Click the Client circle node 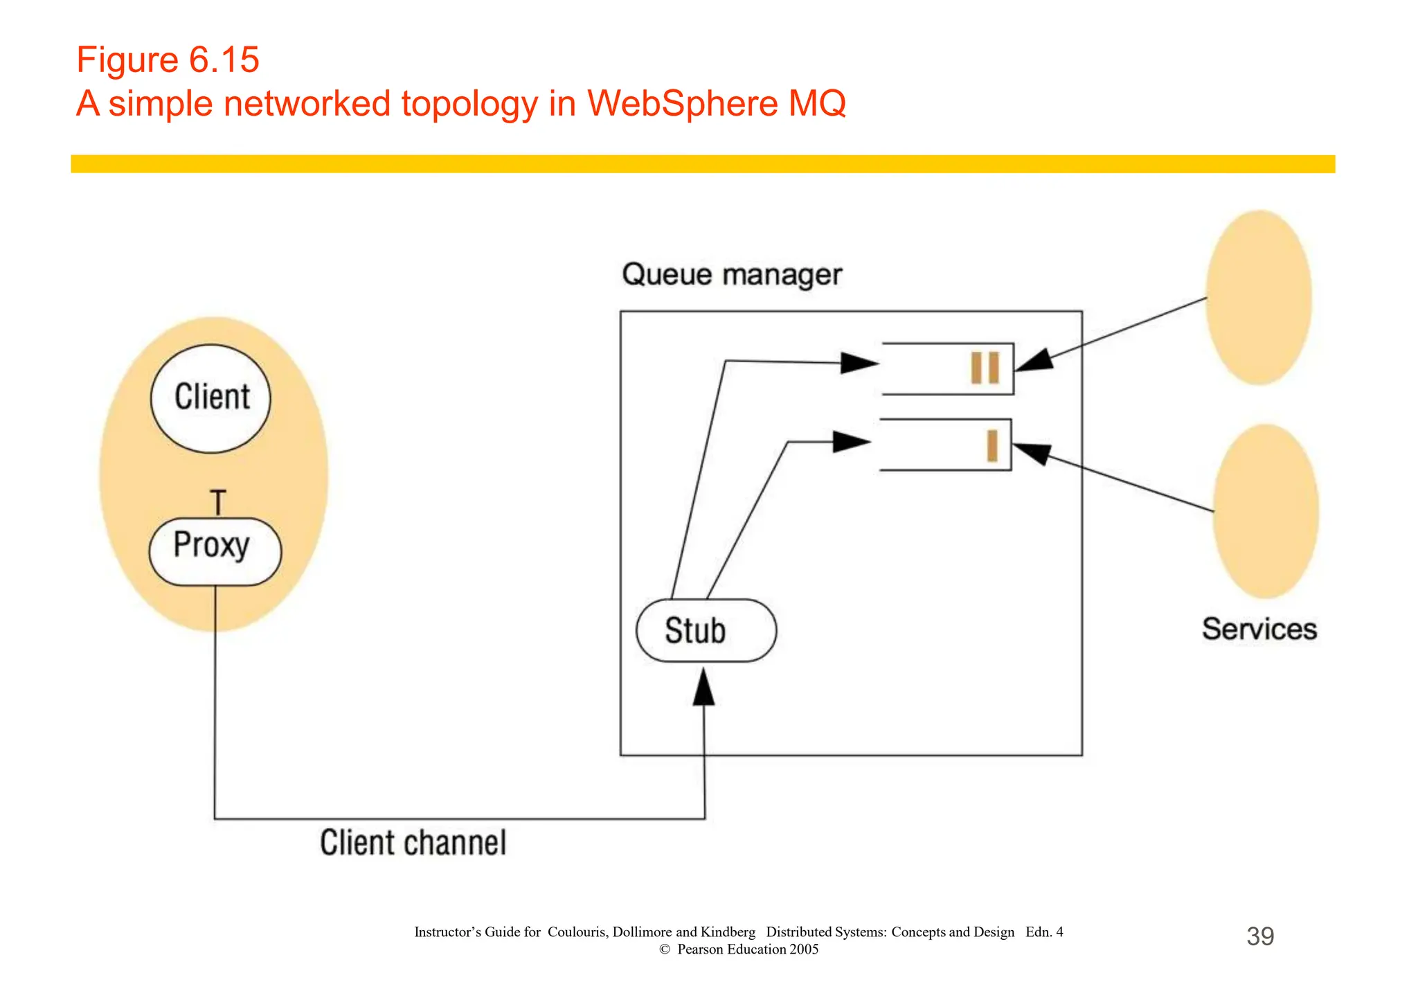210,399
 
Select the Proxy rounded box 215,551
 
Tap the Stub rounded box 706,630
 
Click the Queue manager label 731,274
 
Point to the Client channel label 413,843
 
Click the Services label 1259,629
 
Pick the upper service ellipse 1258,298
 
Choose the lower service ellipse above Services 1265,511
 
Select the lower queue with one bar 945,445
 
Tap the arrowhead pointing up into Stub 703,687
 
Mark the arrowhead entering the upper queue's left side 859,363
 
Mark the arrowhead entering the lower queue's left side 851,442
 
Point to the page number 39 1259,936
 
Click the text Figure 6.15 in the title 168,60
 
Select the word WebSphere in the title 683,104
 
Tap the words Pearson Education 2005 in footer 747,949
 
